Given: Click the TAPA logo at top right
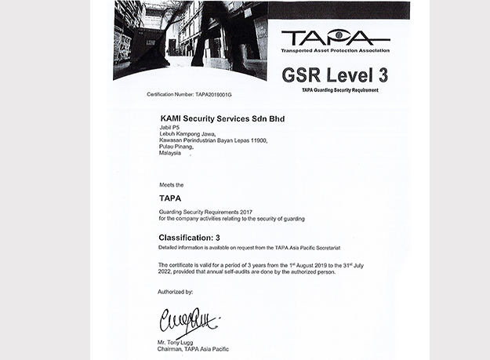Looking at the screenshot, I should [335, 38].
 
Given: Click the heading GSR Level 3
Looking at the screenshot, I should [334, 75].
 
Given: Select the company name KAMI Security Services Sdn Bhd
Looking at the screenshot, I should [222, 118].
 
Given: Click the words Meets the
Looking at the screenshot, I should [170, 184].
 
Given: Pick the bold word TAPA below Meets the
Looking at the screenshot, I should [170, 198].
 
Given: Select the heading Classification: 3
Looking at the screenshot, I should [196, 236].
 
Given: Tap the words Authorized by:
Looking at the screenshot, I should [175, 291].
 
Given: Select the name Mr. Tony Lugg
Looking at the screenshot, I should [175, 343].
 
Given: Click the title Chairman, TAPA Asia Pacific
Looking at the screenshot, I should [194, 349].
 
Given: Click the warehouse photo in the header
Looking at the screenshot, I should [196, 39].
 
